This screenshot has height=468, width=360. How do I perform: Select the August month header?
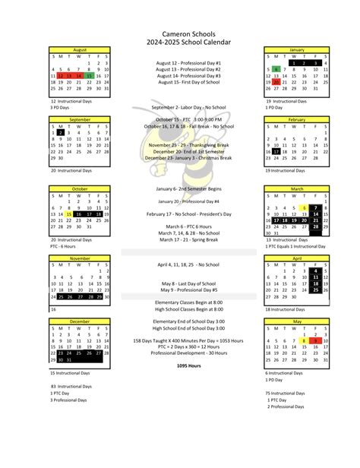tap(80, 49)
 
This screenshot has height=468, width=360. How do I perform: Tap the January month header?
tap(296, 49)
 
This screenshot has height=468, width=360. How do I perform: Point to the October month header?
tap(80, 188)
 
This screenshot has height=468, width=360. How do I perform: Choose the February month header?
tap(296, 119)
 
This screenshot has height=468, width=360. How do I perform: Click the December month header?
tap(80, 321)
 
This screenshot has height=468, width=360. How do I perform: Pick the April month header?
tap(296, 258)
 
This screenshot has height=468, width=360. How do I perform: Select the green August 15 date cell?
tap(89, 76)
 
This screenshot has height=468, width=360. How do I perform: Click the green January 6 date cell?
tap(277, 69)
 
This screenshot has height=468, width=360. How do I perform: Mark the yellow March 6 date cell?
tap(305, 207)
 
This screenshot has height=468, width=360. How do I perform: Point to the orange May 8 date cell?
tap(305, 340)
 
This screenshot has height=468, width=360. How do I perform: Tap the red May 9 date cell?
tap(314, 340)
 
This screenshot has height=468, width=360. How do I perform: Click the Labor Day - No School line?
tap(188, 107)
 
